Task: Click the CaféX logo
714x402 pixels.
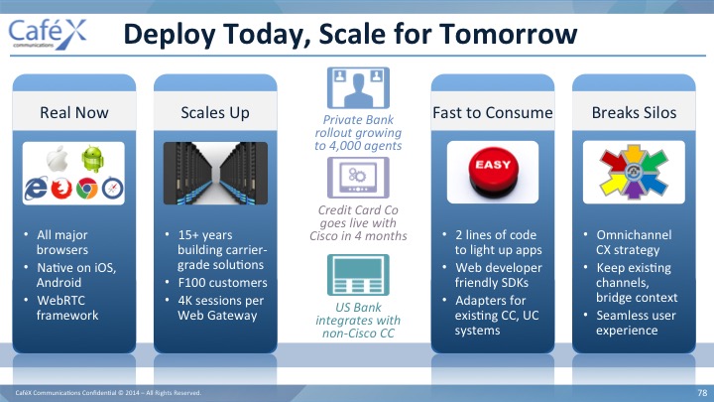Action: (48, 34)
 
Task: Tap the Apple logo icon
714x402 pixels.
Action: (58, 160)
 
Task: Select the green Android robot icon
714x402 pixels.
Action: (93, 159)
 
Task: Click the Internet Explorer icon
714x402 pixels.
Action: (36, 189)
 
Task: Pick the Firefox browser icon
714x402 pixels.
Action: (61, 189)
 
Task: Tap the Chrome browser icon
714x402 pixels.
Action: (87, 189)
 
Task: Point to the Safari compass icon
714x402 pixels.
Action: (112, 189)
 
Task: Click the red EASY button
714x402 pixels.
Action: (493, 172)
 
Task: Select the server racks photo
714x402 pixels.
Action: (215, 173)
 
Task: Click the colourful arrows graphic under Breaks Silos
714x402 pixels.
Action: (634, 172)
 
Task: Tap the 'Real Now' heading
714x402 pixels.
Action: (74, 112)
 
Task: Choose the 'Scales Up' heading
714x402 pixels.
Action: (215, 112)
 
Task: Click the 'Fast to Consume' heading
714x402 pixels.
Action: (493, 112)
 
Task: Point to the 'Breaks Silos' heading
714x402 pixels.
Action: (634, 112)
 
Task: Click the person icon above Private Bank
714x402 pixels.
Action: (358, 88)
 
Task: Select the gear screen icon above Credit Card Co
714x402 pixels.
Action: (358, 178)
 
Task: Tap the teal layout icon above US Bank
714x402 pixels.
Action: (358, 275)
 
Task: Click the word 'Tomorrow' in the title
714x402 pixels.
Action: (508, 34)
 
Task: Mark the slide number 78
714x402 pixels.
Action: (702, 392)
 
